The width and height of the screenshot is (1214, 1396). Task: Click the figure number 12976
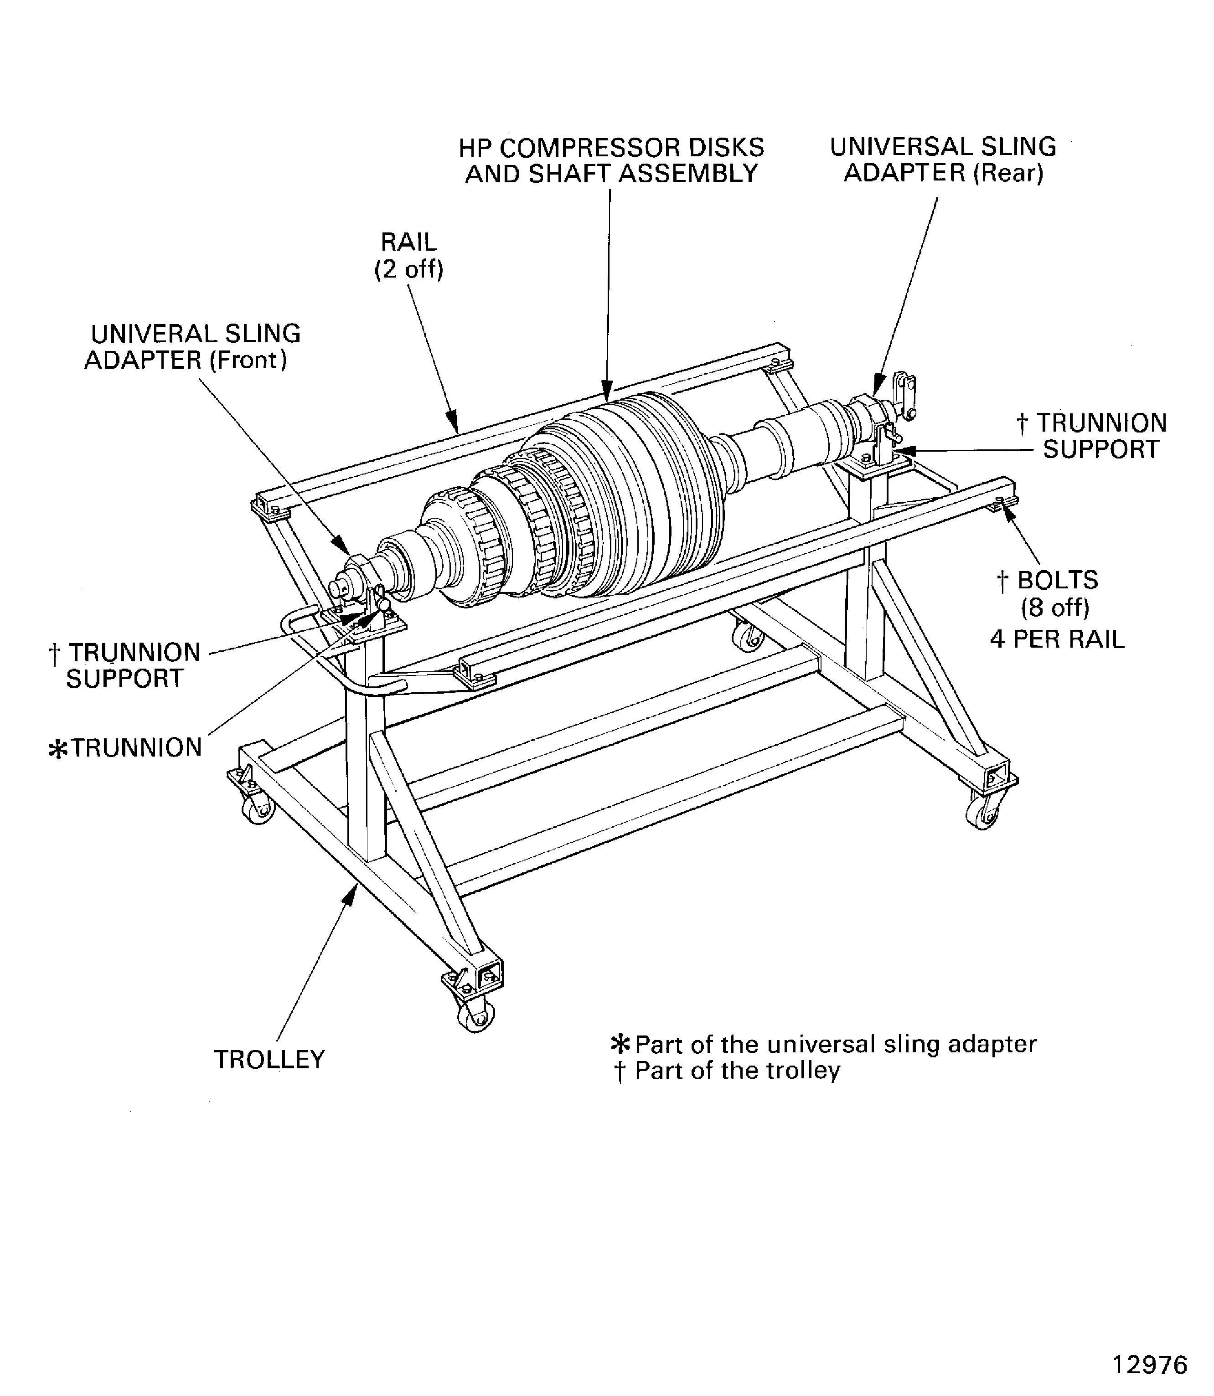click(1150, 1364)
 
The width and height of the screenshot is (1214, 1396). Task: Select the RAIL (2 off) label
click(408, 255)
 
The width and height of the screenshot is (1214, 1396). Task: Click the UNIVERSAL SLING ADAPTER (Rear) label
click(943, 160)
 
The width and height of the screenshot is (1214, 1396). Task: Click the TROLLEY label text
click(269, 1059)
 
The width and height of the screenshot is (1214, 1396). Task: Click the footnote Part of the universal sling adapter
click(823, 1044)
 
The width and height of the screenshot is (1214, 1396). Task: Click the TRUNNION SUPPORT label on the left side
click(124, 665)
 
